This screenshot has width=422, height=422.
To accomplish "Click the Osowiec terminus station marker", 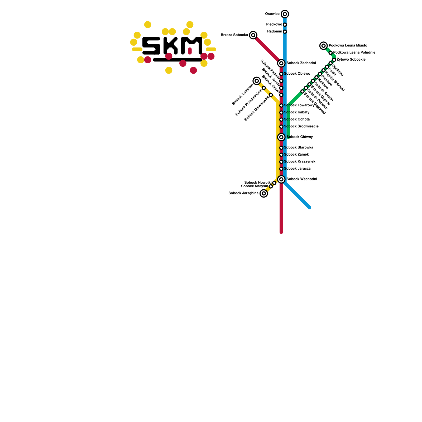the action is [x=285, y=14].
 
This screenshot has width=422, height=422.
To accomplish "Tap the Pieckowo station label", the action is [x=274, y=25].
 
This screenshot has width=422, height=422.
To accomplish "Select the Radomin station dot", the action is [x=285, y=32].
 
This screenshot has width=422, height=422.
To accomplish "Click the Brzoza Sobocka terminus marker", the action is [x=253, y=35].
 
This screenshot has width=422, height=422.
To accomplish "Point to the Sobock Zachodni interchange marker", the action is [x=281, y=63].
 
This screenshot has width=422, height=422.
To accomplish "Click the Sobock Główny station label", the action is [x=300, y=137].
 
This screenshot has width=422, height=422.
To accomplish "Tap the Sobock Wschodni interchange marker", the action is [x=281, y=179].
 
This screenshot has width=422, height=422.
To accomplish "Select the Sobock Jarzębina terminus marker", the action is [x=264, y=193].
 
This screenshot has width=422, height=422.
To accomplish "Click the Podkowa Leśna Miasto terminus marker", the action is [x=324, y=46].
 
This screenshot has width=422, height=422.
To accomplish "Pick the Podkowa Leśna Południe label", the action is [x=354, y=53].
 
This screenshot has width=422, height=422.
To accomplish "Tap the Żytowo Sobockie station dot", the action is [x=334, y=60].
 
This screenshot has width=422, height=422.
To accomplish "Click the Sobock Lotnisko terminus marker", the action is [x=257, y=81].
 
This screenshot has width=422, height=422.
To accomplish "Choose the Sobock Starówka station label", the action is [x=299, y=147].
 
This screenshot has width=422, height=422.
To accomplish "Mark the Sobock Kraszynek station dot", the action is [x=281, y=162].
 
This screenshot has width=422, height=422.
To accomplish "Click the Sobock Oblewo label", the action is [x=297, y=74].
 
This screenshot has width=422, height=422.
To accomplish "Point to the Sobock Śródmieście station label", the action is [x=301, y=126].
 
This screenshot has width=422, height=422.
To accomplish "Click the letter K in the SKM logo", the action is [x=170, y=46].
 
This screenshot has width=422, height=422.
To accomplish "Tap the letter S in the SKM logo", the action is [x=151, y=46].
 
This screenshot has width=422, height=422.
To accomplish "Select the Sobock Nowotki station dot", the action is [x=274, y=183].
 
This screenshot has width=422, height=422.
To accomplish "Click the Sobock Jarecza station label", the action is [x=297, y=169].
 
